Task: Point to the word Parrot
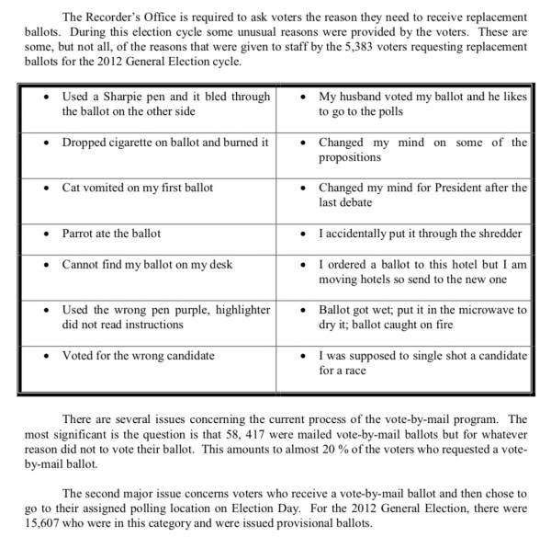(x=80, y=234)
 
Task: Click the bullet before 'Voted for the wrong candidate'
(x=47, y=356)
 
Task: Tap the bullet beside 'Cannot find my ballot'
(x=47, y=265)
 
